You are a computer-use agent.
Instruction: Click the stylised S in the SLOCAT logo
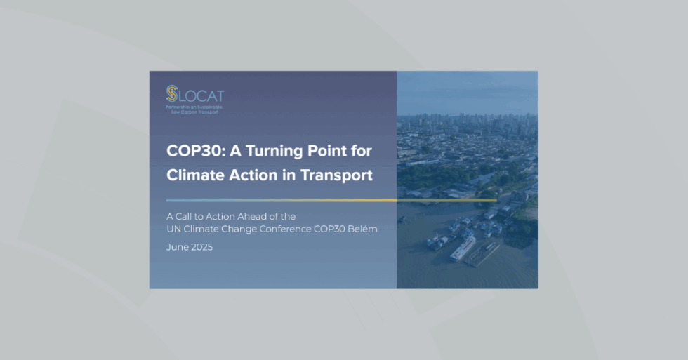pyautogui.click(x=171, y=93)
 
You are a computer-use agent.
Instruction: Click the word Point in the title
pyautogui.click(x=338, y=151)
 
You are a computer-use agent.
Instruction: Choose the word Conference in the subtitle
pyautogui.click(x=285, y=229)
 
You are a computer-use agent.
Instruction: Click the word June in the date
pyautogui.click(x=177, y=247)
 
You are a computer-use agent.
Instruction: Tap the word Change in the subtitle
pyautogui.click(x=237, y=229)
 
